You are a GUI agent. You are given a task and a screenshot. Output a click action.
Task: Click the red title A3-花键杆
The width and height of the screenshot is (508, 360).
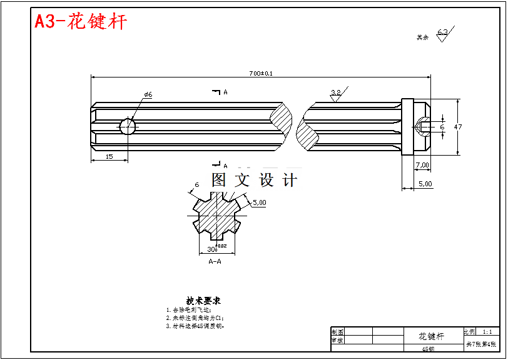(x=81, y=22)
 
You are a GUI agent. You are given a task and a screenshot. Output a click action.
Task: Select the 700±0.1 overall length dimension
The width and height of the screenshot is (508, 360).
(x=261, y=73)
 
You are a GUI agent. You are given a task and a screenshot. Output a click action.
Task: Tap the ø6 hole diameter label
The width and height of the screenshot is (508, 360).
(x=148, y=94)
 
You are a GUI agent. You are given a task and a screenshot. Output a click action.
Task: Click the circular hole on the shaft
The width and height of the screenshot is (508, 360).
(x=128, y=127)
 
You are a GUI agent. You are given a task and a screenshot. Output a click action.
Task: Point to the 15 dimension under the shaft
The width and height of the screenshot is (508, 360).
(x=109, y=156)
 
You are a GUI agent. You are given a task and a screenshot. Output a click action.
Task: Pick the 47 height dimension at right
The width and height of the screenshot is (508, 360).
(x=458, y=127)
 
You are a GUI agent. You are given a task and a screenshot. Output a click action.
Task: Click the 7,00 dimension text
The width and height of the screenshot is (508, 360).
(x=422, y=165)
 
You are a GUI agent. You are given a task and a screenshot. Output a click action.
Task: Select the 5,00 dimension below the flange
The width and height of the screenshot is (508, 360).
(x=425, y=184)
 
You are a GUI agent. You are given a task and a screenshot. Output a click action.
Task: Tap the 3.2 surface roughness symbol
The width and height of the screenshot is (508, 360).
(x=335, y=94)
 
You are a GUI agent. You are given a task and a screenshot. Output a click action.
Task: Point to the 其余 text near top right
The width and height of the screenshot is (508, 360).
(x=423, y=37)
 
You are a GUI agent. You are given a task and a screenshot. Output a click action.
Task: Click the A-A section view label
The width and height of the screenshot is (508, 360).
(x=215, y=261)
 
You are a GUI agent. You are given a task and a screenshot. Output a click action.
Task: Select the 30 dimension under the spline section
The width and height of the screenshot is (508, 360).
(x=211, y=249)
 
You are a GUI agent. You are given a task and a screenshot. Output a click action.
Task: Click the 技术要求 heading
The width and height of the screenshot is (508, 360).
(x=203, y=301)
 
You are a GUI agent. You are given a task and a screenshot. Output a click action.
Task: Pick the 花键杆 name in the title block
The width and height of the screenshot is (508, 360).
(x=431, y=336)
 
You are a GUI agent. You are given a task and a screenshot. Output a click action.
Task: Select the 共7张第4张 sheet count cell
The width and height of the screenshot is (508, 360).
(x=481, y=344)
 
